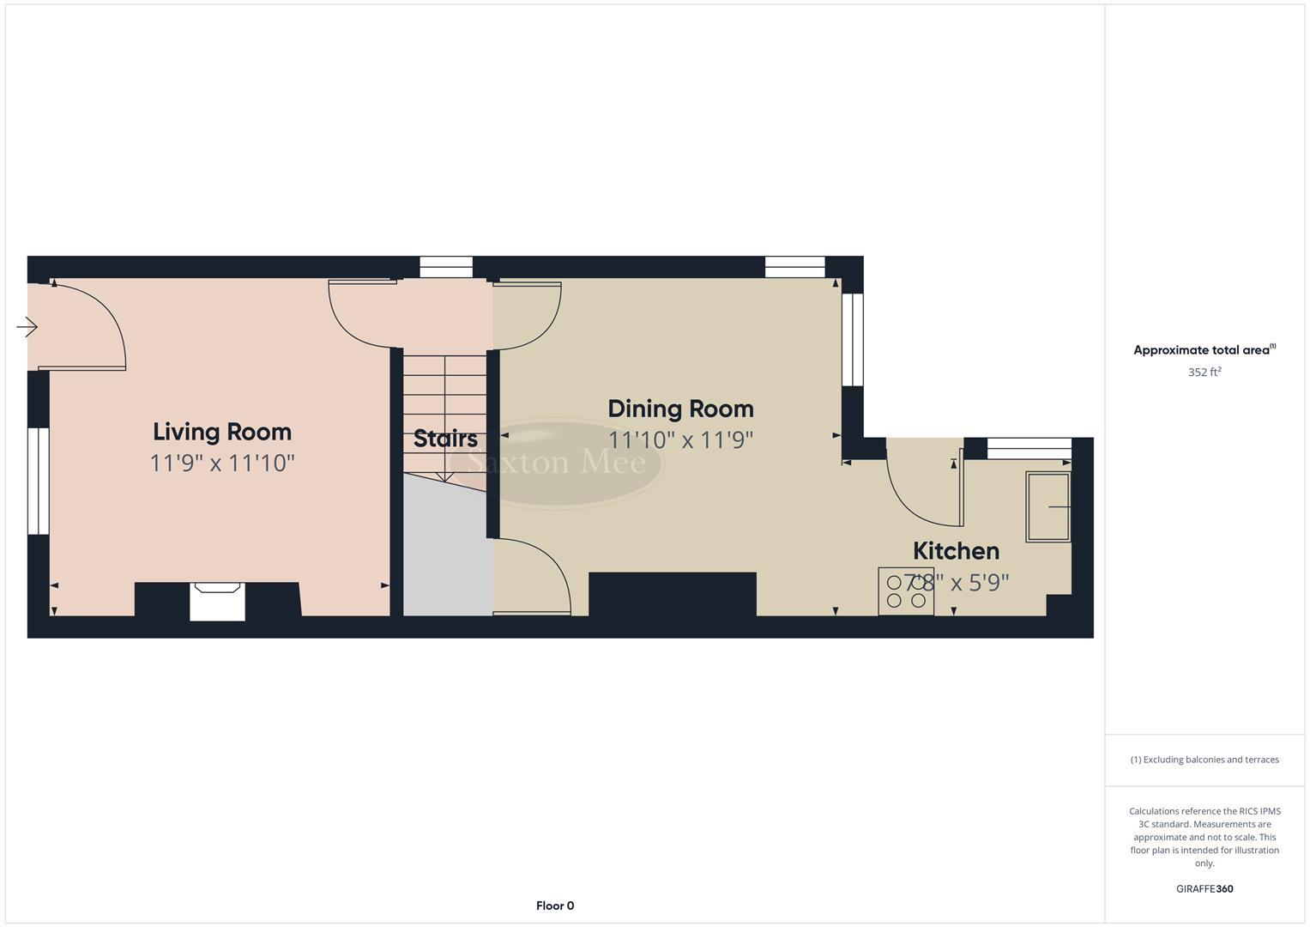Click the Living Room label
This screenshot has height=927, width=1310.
click(x=222, y=432)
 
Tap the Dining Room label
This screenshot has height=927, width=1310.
click(x=680, y=409)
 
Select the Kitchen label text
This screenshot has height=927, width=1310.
click(x=956, y=551)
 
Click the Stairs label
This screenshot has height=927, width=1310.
click(x=445, y=439)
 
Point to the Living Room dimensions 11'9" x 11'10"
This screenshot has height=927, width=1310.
click(x=222, y=463)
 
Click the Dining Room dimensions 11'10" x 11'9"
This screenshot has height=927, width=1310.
click(x=680, y=440)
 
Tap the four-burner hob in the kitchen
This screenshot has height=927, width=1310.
click(x=906, y=591)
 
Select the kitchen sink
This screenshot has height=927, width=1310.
click(x=1048, y=506)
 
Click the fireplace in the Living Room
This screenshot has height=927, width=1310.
click(x=217, y=600)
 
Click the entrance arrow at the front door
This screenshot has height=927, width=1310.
click(x=27, y=327)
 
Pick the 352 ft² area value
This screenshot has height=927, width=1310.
click(x=1204, y=373)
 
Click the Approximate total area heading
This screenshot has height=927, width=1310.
click(x=1204, y=350)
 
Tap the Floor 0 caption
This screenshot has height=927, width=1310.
click(x=555, y=906)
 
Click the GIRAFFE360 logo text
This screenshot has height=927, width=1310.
click(x=1204, y=888)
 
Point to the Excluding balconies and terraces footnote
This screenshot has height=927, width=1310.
click(x=1204, y=760)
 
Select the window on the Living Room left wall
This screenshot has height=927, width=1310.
click(x=39, y=481)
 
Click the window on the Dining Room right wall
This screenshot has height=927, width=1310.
click(x=852, y=340)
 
